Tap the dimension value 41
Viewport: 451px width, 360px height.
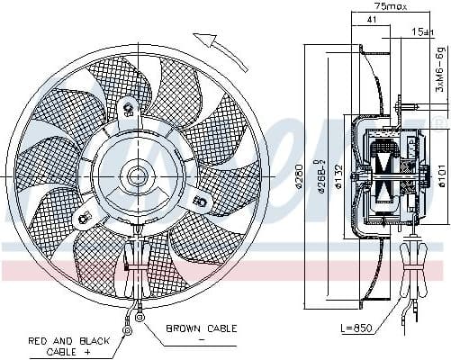[372, 20]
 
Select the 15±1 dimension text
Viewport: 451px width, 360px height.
[421, 33]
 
